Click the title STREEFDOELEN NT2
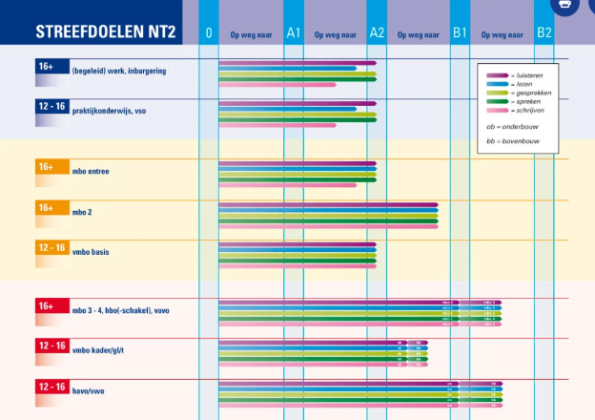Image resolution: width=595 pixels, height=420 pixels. (106, 31)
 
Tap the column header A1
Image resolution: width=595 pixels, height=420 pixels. (293, 33)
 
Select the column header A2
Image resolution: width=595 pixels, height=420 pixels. (377, 33)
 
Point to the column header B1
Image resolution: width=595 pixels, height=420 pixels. (460, 33)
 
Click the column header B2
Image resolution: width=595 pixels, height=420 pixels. (544, 33)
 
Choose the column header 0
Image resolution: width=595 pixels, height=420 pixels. (209, 33)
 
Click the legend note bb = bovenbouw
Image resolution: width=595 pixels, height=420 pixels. (513, 142)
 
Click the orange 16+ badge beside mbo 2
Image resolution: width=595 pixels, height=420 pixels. (46, 207)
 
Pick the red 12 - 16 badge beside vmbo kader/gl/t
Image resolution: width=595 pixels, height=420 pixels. (51, 346)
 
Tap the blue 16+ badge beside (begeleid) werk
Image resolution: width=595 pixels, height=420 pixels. (46, 67)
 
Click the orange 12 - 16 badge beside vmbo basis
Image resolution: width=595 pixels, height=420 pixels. (51, 247)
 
